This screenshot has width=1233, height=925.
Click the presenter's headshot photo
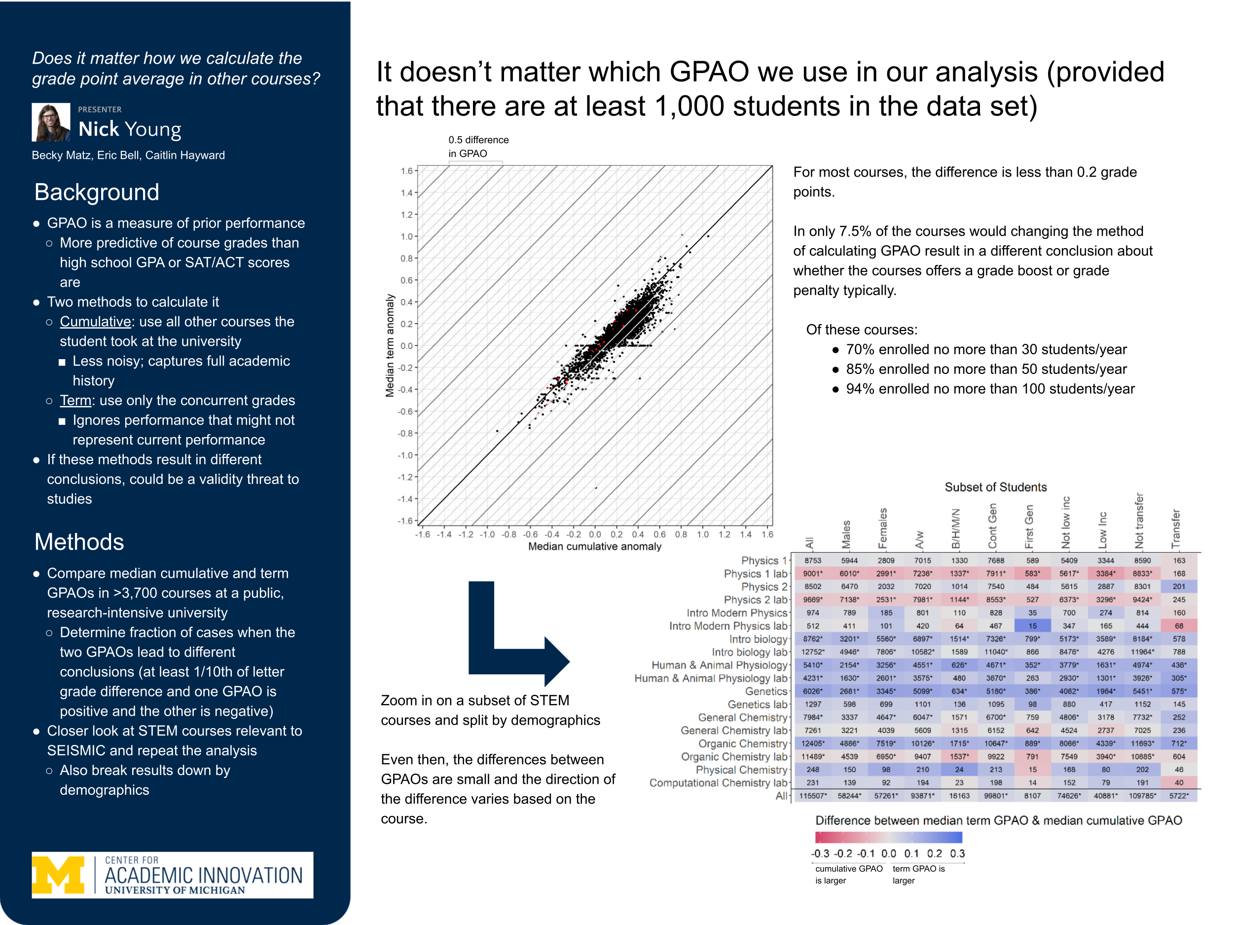(x=51, y=122)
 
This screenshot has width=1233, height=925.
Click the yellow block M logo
(x=58, y=874)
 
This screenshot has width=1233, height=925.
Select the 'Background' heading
(x=97, y=192)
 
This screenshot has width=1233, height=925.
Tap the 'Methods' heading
(x=79, y=542)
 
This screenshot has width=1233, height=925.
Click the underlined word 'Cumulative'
(x=95, y=322)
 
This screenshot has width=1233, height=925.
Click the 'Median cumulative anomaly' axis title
(x=594, y=547)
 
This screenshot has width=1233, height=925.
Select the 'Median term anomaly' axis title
(x=390, y=346)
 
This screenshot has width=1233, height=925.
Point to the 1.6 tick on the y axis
(x=406, y=171)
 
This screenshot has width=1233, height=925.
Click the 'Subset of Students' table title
(x=996, y=487)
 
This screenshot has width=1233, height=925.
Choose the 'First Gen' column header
(x=1029, y=526)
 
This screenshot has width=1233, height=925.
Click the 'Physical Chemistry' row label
(x=741, y=770)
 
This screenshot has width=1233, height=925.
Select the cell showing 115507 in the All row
(x=813, y=796)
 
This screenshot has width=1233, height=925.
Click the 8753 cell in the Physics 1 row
(x=813, y=561)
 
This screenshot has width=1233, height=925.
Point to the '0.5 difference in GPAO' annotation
(x=478, y=147)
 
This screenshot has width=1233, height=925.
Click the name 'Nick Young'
(x=130, y=129)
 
